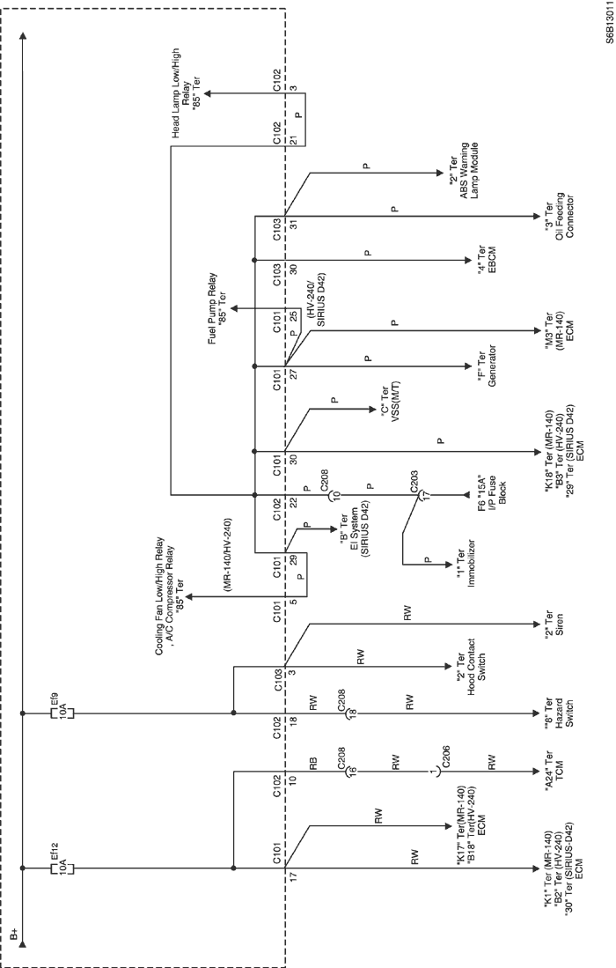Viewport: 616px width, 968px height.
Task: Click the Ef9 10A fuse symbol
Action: point(61,713)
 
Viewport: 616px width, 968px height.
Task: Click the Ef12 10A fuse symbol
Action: point(61,868)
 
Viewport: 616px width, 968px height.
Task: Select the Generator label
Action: point(488,366)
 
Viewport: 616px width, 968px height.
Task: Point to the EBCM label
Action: point(488,260)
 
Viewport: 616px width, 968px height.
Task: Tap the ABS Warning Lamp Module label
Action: point(465,170)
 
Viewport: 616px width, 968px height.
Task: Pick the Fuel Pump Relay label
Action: point(216,307)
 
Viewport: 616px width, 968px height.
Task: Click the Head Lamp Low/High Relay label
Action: point(185,92)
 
